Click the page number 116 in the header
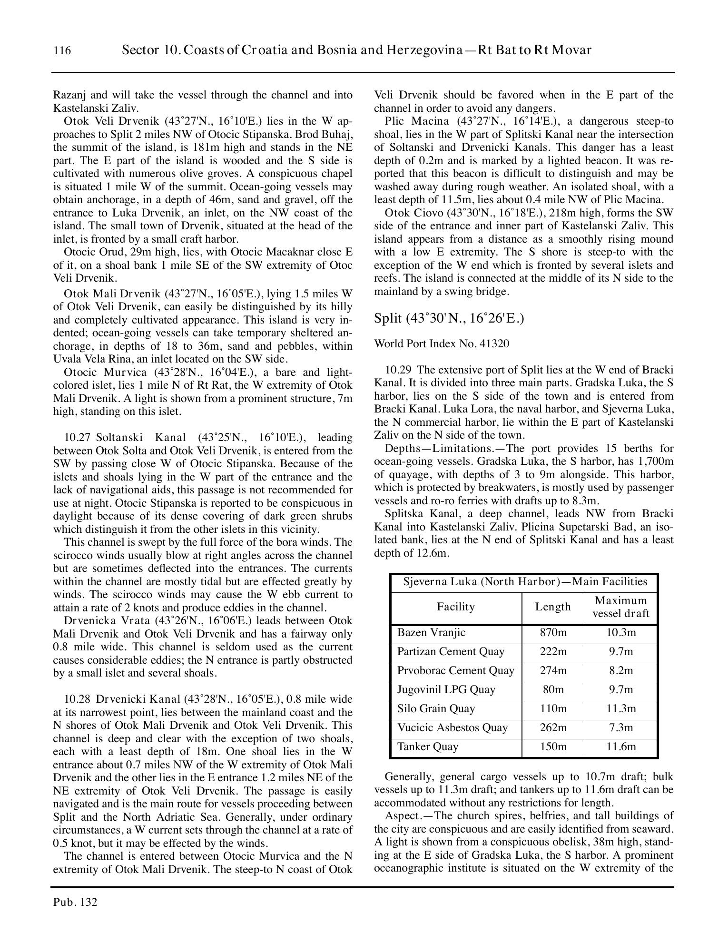tap(62, 50)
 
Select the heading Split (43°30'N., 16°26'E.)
tap(449, 318)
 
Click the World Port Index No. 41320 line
tap(442, 343)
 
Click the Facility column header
tap(455, 607)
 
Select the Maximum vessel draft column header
tap(620, 607)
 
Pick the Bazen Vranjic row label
tap(431, 632)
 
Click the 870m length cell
tap(553, 632)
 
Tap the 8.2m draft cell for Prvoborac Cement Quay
tap(620, 670)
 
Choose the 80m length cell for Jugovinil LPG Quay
tap(553, 689)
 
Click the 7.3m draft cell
tap(620, 727)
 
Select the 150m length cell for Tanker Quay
tap(553, 746)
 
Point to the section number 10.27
tap(75, 437)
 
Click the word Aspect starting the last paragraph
tap(401, 815)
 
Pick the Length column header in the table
tap(553, 607)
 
